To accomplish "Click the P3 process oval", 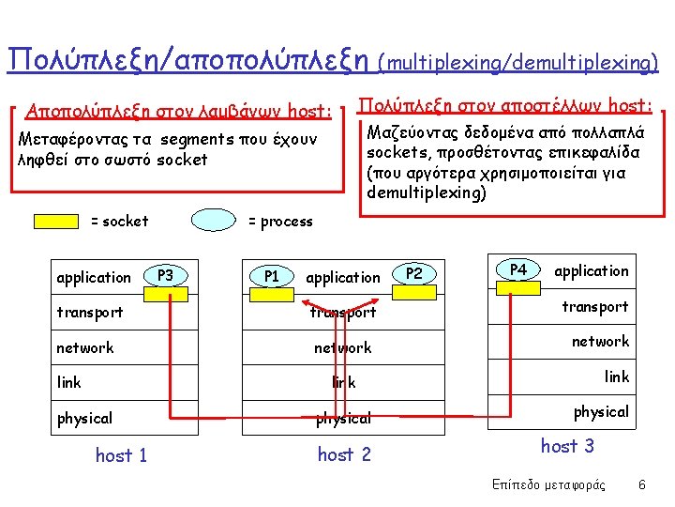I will pyautogui.click(x=166, y=276).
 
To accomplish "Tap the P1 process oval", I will pyautogui.click(x=272, y=277).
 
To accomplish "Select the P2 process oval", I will pyautogui.click(x=414, y=274).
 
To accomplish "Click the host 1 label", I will pyautogui.click(x=121, y=455).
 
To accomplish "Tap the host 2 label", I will pyautogui.click(x=344, y=454).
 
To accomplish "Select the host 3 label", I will pyautogui.click(x=567, y=446).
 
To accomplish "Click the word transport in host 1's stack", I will pyautogui.click(x=90, y=312).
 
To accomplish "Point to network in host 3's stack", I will pyautogui.click(x=601, y=342).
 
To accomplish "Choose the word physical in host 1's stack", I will pyautogui.click(x=84, y=418).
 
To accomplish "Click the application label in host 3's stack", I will pyautogui.click(x=592, y=271).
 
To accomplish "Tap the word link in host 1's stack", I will pyautogui.click(x=69, y=382).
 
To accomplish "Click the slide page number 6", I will pyautogui.click(x=641, y=484).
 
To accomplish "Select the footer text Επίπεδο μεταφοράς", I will pyautogui.click(x=548, y=484).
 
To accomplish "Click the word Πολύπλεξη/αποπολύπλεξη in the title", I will pyautogui.click(x=187, y=59).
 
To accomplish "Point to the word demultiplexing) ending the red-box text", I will pyautogui.click(x=427, y=193).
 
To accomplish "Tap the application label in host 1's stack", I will pyautogui.click(x=94, y=278).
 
